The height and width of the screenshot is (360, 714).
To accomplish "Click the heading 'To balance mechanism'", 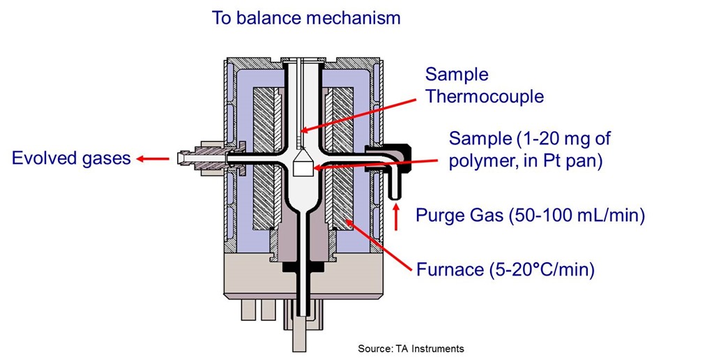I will pyautogui.click(x=306, y=18).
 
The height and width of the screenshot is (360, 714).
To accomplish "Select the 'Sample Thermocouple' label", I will pyautogui.click(x=484, y=85).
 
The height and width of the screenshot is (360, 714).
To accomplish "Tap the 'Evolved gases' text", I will pyautogui.click(x=71, y=158).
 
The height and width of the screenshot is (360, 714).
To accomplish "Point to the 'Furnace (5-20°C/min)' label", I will pyautogui.click(x=505, y=269).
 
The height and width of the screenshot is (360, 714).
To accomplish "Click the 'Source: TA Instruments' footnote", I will pyautogui.click(x=411, y=348).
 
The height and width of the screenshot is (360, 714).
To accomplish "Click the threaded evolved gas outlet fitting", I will pyautogui.click(x=202, y=158).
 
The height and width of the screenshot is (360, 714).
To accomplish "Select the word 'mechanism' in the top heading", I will pyautogui.click(x=358, y=18).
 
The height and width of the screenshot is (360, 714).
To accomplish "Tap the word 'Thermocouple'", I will pyautogui.click(x=484, y=96).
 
